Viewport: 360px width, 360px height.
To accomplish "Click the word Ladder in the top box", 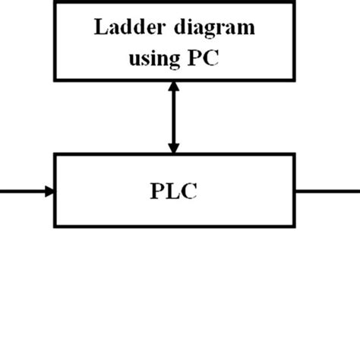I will point(123,29).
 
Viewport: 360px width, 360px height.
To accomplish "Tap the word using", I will point(151,58).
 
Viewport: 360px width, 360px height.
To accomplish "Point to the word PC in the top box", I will point(204,58).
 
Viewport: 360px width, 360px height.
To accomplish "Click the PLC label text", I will point(174,190).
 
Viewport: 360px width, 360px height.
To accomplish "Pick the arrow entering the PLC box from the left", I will point(27,191).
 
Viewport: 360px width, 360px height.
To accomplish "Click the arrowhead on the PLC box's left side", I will point(49,191).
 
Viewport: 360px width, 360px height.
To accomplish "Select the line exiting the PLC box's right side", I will point(327,191).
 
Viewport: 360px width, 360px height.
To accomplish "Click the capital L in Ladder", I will point(99,29).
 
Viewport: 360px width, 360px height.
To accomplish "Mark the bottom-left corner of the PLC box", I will point(55,225).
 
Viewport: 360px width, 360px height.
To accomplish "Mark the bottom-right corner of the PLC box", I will point(295,225).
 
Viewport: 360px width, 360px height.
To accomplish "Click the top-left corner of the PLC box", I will point(55,154).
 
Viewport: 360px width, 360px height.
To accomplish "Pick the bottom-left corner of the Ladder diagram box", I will point(55,79).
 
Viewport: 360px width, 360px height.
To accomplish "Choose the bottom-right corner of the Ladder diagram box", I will point(295,79).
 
